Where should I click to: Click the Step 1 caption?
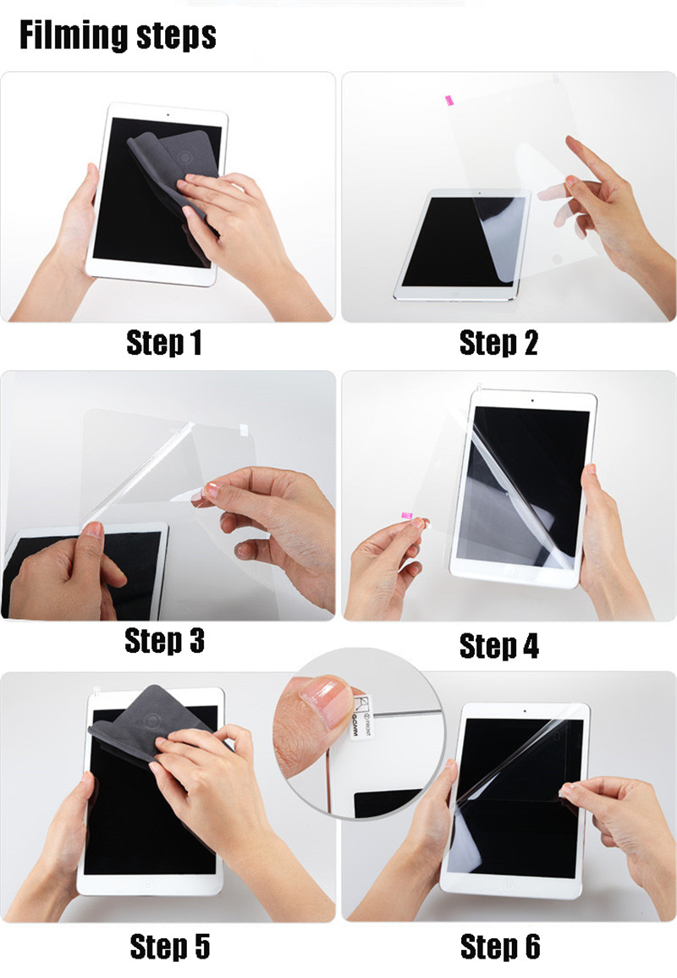[164, 343]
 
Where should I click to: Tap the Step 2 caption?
[498, 343]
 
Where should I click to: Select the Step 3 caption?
[164, 641]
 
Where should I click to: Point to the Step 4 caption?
[498, 645]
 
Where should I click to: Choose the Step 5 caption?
[169, 946]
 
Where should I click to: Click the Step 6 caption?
[499, 946]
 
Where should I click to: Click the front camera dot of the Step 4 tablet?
[531, 399]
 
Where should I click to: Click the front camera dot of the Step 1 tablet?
[168, 113]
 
